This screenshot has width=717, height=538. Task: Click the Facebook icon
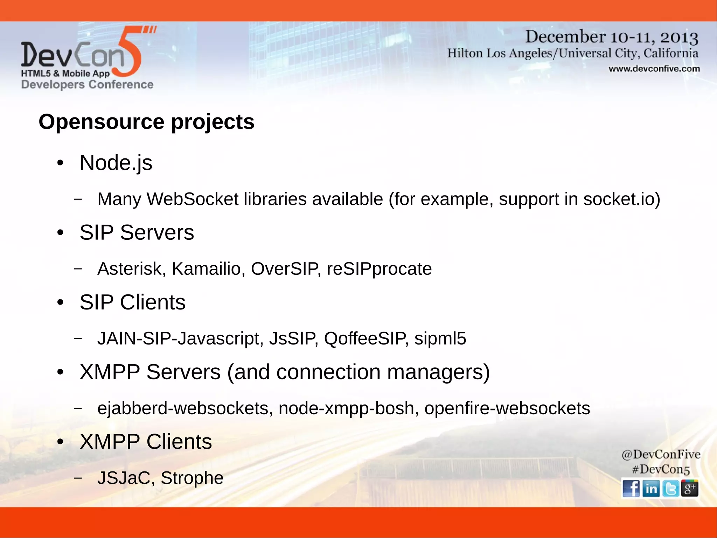(x=631, y=488)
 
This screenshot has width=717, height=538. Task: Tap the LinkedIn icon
(x=651, y=488)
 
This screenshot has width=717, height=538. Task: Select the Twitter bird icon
(x=670, y=488)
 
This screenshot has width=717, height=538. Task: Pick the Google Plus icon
(x=690, y=488)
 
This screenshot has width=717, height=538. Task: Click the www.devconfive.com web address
(x=654, y=69)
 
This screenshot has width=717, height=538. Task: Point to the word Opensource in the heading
(x=102, y=122)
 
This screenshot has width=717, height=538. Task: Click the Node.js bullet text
(x=116, y=163)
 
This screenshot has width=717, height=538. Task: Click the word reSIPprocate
(x=379, y=269)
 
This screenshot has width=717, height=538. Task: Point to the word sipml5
(x=440, y=339)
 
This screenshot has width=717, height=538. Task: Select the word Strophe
(x=192, y=478)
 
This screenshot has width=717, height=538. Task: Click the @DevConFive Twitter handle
(x=661, y=455)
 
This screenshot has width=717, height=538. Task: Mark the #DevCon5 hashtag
(x=661, y=469)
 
